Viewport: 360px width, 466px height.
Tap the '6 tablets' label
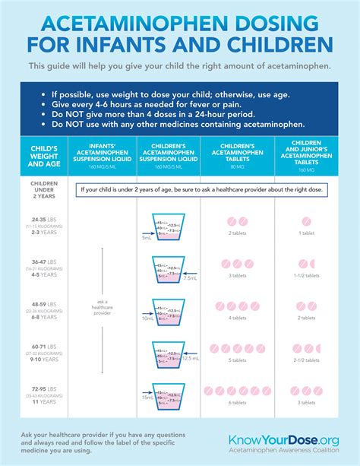click(237, 403)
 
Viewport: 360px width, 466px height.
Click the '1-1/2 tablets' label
click(308, 275)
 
